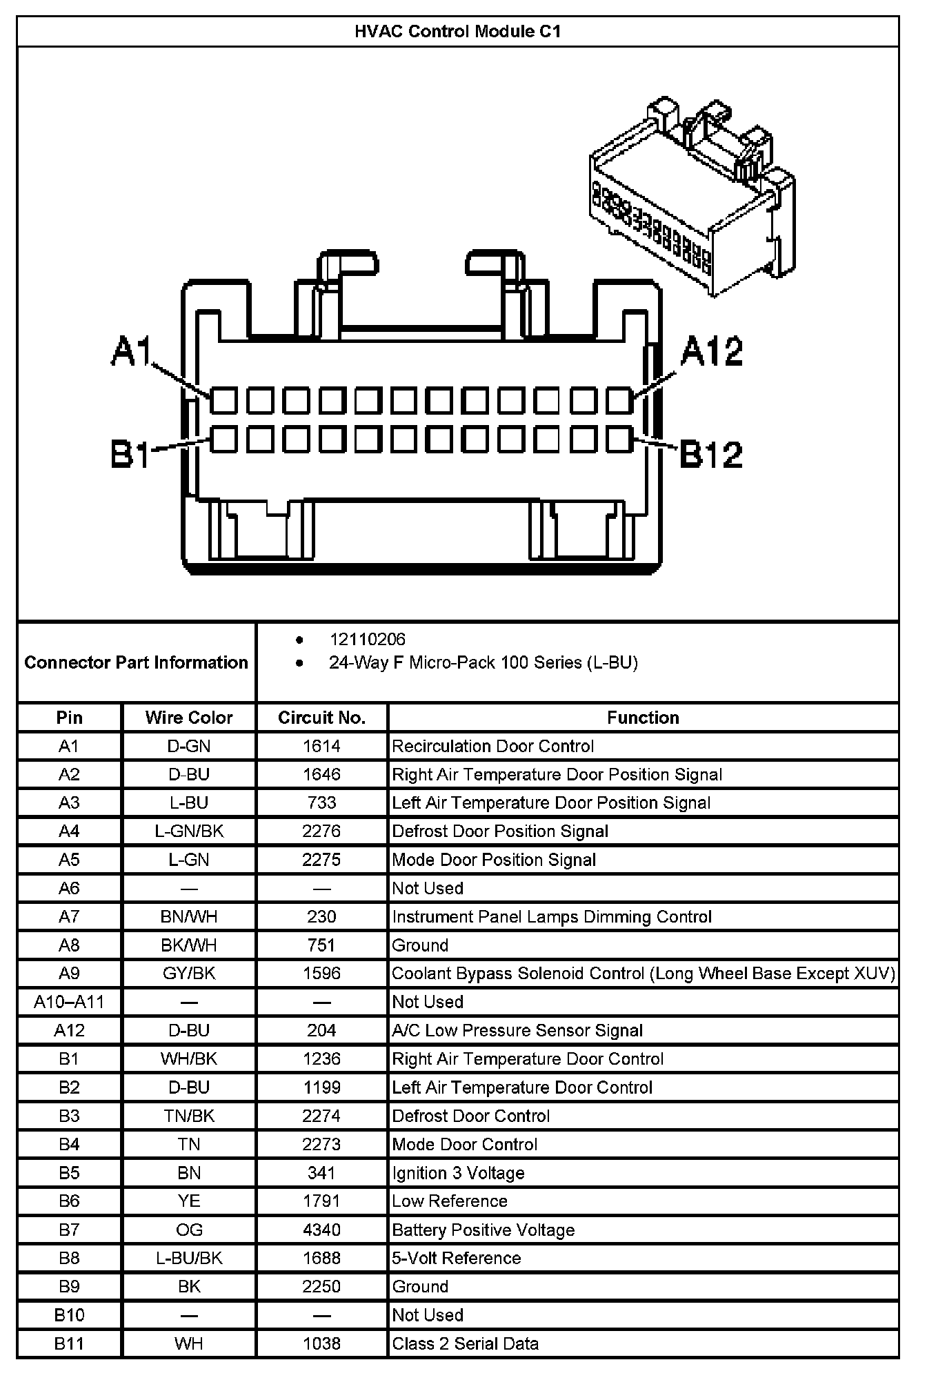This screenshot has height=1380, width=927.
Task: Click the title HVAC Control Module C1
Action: pos(457,32)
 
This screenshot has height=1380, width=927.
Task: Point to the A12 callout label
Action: pos(711,352)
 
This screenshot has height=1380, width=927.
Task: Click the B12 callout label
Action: pos(710,454)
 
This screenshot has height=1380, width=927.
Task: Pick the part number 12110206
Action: pos(367,640)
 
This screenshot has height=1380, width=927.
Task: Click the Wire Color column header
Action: pos(189,718)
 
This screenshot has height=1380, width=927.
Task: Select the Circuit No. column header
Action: pos(321,718)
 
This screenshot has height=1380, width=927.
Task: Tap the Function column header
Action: pos(643,718)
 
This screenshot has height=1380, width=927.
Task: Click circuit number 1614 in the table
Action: pos(321,746)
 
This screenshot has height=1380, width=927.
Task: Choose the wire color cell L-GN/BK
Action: pos(189,831)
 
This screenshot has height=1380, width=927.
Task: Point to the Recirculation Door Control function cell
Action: pos(492,746)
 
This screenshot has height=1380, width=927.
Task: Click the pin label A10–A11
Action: pos(69,1002)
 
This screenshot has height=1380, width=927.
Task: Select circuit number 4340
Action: pos(321,1230)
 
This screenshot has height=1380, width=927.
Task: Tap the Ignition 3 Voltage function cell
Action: pos(458,1173)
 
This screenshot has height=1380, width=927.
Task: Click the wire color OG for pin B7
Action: pos(189,1230)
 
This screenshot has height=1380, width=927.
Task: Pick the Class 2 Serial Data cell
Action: pos(465,1343)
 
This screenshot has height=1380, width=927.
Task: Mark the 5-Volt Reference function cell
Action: pos(456,1258)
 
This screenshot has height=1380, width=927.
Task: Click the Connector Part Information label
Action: pos(136,662)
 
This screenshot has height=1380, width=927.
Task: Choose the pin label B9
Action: pos(69,1286)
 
